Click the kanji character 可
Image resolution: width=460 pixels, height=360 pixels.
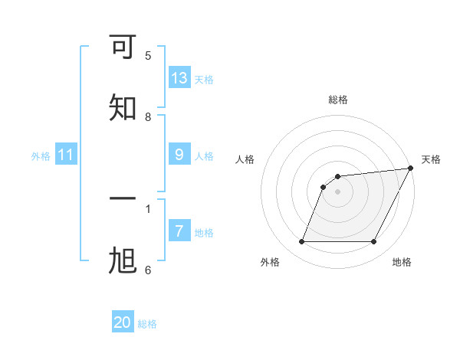(x=123, y=48)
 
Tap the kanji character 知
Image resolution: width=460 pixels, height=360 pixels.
(x=123, y=108)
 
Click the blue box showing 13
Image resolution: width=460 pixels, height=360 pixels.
(x=179, y=77)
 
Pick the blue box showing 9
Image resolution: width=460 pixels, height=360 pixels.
(x=179, y=154)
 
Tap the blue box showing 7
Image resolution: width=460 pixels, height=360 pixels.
(x=179, y=231)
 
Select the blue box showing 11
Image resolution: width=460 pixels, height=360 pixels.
(x=66, y=155)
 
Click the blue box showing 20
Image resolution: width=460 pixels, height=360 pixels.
(x=123, y=322)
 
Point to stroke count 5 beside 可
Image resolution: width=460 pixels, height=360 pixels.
(x=148, y=55)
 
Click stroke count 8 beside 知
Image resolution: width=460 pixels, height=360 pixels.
(x=148, y=116)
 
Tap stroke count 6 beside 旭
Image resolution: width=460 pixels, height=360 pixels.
(x=148, y=270)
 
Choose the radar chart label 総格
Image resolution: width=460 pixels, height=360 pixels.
(x=337, y=100)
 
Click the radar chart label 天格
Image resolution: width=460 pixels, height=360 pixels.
(x=431, y=159)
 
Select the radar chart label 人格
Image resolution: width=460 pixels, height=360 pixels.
(x=245, y=159)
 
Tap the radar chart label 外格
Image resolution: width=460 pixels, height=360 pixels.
(x=270, y=263)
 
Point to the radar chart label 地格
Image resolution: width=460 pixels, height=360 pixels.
(x=402, y=263)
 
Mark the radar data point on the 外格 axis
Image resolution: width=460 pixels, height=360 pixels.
(x=301, y=242)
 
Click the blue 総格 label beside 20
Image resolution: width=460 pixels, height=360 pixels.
(x=147, y=324)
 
